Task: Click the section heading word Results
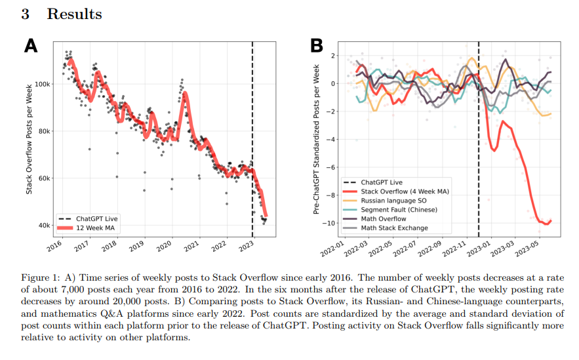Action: [x=74, y=14]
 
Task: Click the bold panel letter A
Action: [x=31, y=46]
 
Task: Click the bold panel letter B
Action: [x=317, y=46]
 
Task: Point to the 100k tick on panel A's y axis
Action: [x=43, y=84]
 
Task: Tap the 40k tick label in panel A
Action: [x=44, y=225]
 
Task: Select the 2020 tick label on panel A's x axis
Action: [x=164, y=245]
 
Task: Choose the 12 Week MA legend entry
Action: [x=95, y=228]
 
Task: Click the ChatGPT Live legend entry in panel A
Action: [x=97, y=218]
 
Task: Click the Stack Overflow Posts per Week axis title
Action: [x=29, y=139]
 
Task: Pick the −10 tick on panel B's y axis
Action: [x=329, y=223]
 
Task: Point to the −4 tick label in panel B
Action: [x=330, y=140]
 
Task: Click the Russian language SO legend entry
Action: [x=393, y=201]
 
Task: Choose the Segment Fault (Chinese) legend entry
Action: [x=399, y=210]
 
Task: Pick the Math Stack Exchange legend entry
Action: [x=394, y=228]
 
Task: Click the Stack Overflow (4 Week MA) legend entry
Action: [x=405, y=191]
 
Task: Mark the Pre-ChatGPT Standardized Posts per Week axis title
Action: [x=316, y=139]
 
